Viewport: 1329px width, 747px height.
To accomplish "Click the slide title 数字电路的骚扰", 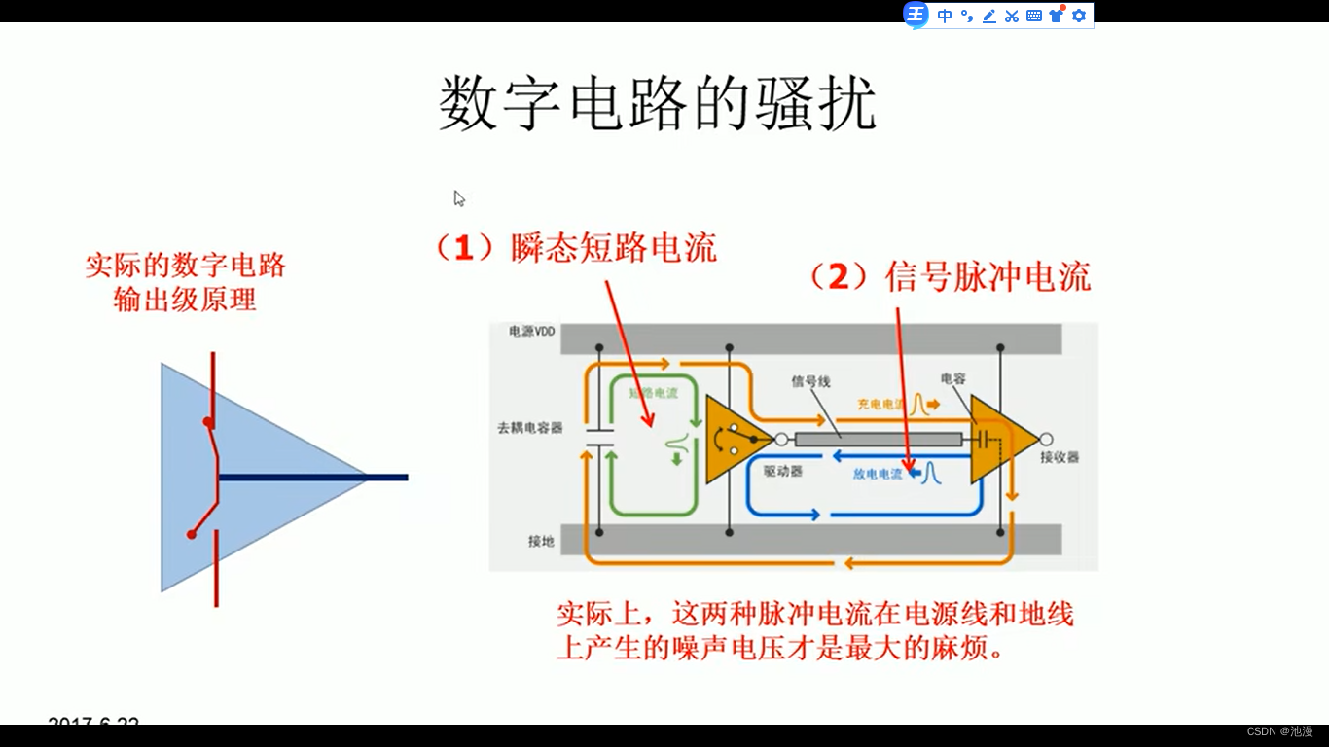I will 657,105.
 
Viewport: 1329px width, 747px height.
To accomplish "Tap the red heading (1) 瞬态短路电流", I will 575,248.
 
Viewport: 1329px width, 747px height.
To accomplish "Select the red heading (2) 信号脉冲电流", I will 950,277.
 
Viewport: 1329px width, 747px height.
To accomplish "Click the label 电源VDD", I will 531,332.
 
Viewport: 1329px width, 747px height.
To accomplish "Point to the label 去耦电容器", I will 530,427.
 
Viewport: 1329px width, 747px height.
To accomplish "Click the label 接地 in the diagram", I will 541,541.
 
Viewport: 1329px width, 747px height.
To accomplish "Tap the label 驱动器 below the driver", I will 782,471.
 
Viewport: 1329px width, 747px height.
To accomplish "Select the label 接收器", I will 1060,457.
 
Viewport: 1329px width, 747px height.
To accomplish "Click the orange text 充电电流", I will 880,403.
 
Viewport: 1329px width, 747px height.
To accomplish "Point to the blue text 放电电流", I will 878,474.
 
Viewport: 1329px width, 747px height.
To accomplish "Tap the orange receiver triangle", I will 1000,440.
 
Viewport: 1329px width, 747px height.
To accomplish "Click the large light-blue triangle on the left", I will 253,477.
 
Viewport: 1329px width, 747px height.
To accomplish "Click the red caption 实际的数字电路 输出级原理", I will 185,282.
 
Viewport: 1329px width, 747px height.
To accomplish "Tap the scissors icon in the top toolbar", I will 1012,16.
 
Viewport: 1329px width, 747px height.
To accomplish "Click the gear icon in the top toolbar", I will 1078,16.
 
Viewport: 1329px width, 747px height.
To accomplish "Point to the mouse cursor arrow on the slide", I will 458,198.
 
